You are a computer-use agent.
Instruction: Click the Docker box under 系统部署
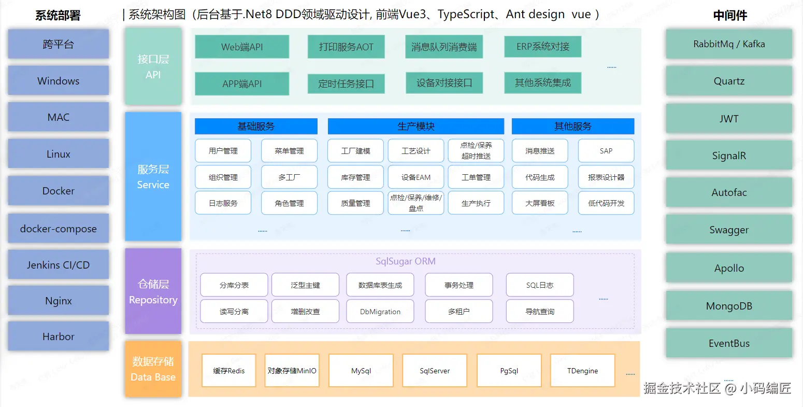58,191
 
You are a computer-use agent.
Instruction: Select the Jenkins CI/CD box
58,265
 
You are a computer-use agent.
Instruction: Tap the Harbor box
58,336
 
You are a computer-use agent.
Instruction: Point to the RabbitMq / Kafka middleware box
729,44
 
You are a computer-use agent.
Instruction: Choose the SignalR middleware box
729,156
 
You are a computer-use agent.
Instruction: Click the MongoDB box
729,306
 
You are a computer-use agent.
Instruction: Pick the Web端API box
242,47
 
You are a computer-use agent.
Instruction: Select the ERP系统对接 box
542,47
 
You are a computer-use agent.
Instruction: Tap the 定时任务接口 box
346,83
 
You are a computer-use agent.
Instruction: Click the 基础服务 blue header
256,126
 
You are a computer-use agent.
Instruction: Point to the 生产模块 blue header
415,126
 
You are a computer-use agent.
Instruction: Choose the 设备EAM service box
415,177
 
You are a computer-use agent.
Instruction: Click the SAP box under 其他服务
606,151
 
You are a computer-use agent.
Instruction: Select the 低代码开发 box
606,203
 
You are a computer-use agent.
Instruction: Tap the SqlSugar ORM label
405,261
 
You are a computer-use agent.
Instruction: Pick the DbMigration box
380,312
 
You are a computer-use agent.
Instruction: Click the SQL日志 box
540,285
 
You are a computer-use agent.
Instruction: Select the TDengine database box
582,371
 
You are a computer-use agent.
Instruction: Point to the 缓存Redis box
228,371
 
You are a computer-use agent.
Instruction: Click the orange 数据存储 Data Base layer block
153,369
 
